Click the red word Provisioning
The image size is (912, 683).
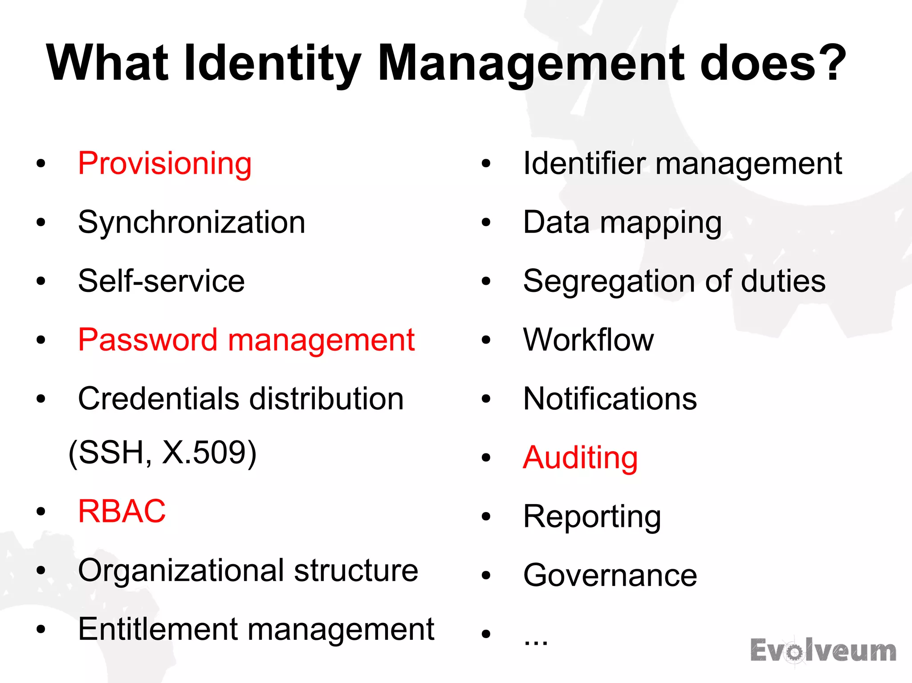[x=165, y=164]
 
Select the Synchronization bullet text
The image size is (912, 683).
[x=191, y=222]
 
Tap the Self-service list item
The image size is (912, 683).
[x=161, y=281]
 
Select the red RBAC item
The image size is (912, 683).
[x=122, y=511]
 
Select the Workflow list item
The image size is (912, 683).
[x=588, y=340]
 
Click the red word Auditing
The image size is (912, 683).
[x=580, y=458]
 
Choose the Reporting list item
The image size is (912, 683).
[x=592, y=517]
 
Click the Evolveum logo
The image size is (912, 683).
[x=823, y=651]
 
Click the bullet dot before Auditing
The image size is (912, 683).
[x=486, y=458]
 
